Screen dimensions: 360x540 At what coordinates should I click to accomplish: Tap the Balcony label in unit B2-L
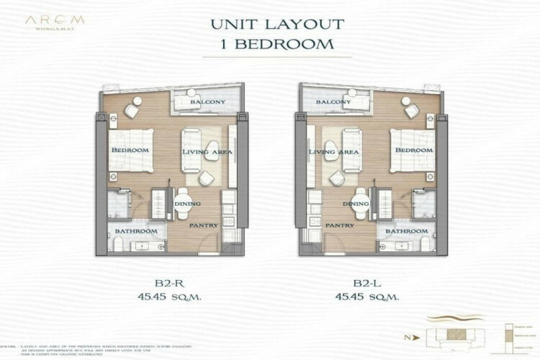[x=333, y=102]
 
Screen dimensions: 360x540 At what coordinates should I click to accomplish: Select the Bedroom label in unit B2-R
[x=130, y=150]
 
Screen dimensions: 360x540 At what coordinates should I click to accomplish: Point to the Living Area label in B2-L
[x=334, y=153]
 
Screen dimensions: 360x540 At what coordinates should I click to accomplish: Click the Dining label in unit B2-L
[x=356, y=205]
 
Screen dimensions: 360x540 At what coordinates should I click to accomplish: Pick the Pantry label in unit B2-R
[x=203, y=225]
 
